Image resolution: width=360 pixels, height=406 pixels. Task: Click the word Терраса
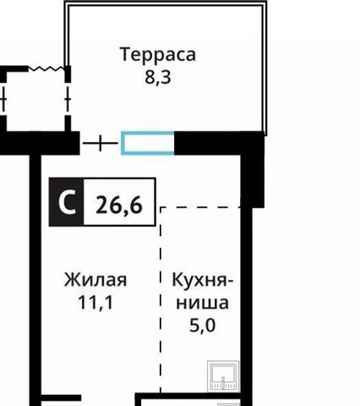pos(158,55)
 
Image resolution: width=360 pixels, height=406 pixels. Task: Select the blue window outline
pos(148,143)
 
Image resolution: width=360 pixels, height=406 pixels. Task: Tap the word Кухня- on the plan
pos(204,280)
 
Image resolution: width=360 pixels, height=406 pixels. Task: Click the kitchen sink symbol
pos(224,373)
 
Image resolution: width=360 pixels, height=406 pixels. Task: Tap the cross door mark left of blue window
pos(102,143)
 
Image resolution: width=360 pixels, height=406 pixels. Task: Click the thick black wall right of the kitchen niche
pos(246,279)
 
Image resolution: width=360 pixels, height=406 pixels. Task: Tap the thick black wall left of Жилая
pos(36,279)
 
